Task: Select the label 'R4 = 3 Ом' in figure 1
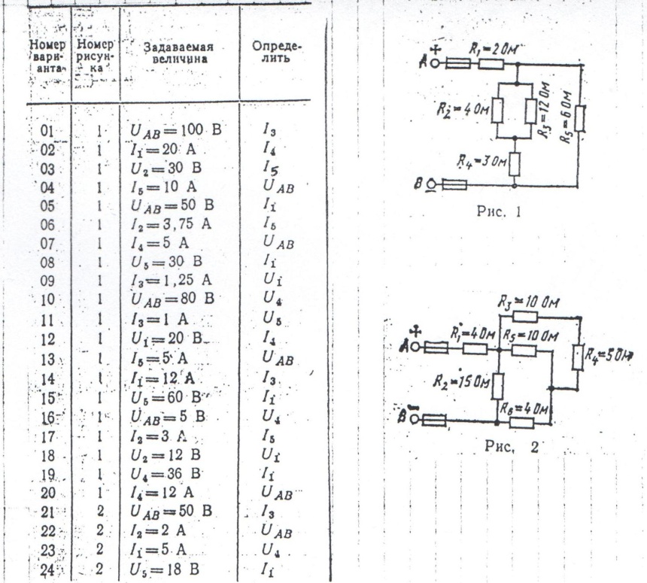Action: pos(478,159)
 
